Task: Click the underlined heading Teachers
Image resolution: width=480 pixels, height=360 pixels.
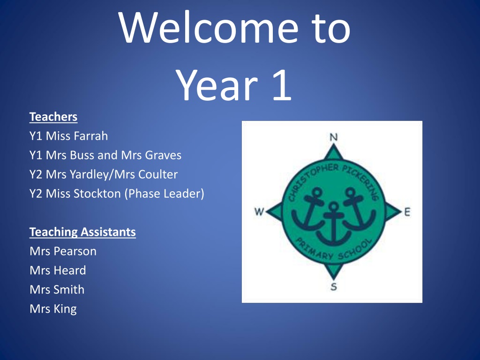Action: [53, 117]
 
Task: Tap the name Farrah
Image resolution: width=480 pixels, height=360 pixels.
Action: [92, 136]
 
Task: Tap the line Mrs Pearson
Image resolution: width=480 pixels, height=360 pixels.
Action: [63, 251]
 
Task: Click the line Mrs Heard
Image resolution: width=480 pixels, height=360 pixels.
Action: [58, 270]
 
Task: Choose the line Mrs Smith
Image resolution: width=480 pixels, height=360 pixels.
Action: [57, 290]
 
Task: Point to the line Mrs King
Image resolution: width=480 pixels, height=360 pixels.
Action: [53, 309]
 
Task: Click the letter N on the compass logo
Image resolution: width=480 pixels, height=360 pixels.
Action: [334, 137]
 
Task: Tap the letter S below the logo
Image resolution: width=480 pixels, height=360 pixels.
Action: [334, 287]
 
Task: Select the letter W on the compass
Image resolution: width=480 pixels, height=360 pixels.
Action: [259, 211]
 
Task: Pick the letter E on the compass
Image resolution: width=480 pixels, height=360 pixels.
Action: [407, 212]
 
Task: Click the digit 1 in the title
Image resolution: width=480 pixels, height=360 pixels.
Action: [282, 85]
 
